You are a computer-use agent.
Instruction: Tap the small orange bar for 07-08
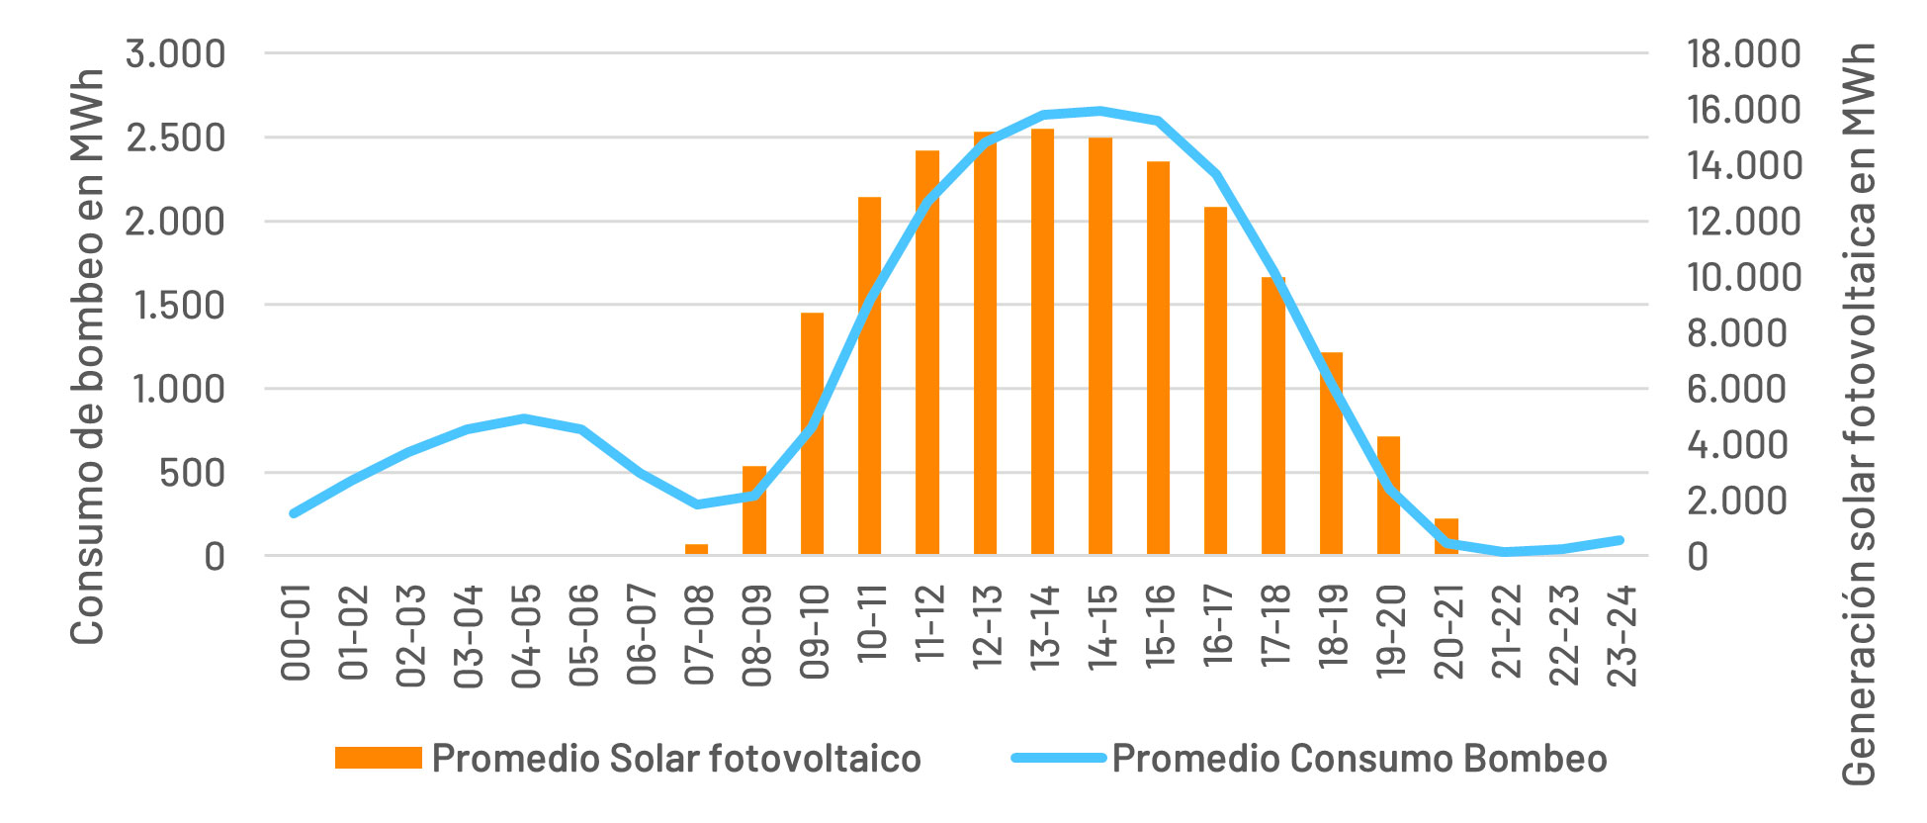(x=696, y=548)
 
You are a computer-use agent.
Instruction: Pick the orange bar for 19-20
(x=1388, y=495)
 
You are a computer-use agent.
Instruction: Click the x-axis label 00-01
(x=296, y=632)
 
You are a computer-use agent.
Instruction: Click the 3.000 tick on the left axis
(x=176, y=53)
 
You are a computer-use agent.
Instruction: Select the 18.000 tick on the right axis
(x=1744, y=53)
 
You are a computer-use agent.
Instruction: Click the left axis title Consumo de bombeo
(x=88, y=356)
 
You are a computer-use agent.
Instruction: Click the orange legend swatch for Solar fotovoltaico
(x=378, y=758)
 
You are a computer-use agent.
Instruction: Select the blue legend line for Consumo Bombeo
(x=1058, y=758)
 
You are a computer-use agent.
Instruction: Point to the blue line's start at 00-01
(x=293, y=513)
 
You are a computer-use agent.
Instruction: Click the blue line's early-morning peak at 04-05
(x=524, y=418)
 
